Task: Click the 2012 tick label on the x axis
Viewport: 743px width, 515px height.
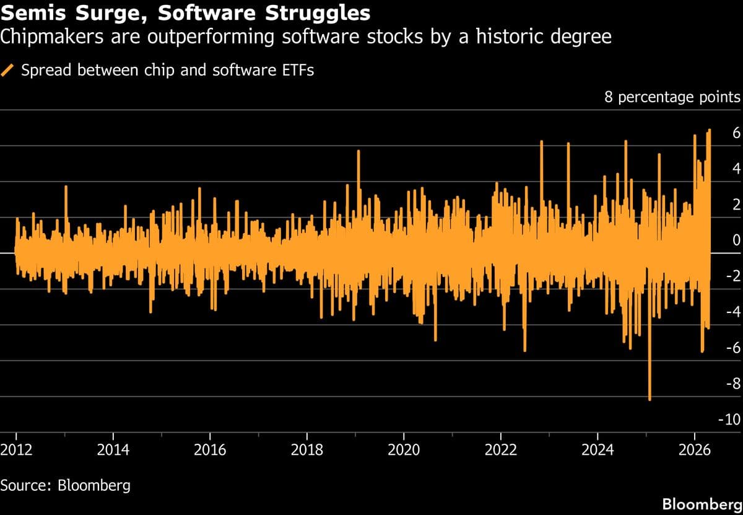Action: pos(16,449)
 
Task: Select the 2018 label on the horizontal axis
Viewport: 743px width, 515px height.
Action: pos(306,449)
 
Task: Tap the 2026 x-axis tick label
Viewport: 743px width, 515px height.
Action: pos(694,449)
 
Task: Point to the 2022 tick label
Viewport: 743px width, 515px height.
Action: pos(500,449)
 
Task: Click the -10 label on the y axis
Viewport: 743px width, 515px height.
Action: pos(729,420)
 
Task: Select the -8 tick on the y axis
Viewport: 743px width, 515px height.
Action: pos(732,384)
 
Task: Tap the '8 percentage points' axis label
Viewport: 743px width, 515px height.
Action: pos(672,97)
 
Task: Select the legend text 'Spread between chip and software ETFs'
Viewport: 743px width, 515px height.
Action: pos(167,70)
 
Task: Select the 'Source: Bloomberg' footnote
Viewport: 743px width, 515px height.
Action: pos(66,484)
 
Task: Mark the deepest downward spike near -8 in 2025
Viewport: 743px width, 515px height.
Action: pos(650,399)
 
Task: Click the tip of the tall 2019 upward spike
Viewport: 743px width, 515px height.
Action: pos(358,152)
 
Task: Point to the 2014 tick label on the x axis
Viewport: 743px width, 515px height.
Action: pos(113,449)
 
